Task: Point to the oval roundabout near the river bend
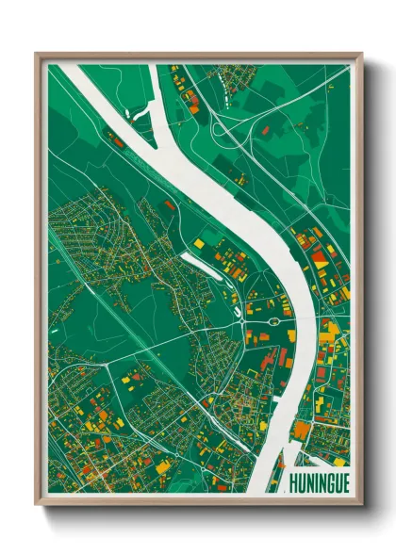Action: point(273,321)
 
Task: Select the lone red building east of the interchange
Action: point(267,128)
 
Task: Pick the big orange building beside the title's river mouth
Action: point(301,430)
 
